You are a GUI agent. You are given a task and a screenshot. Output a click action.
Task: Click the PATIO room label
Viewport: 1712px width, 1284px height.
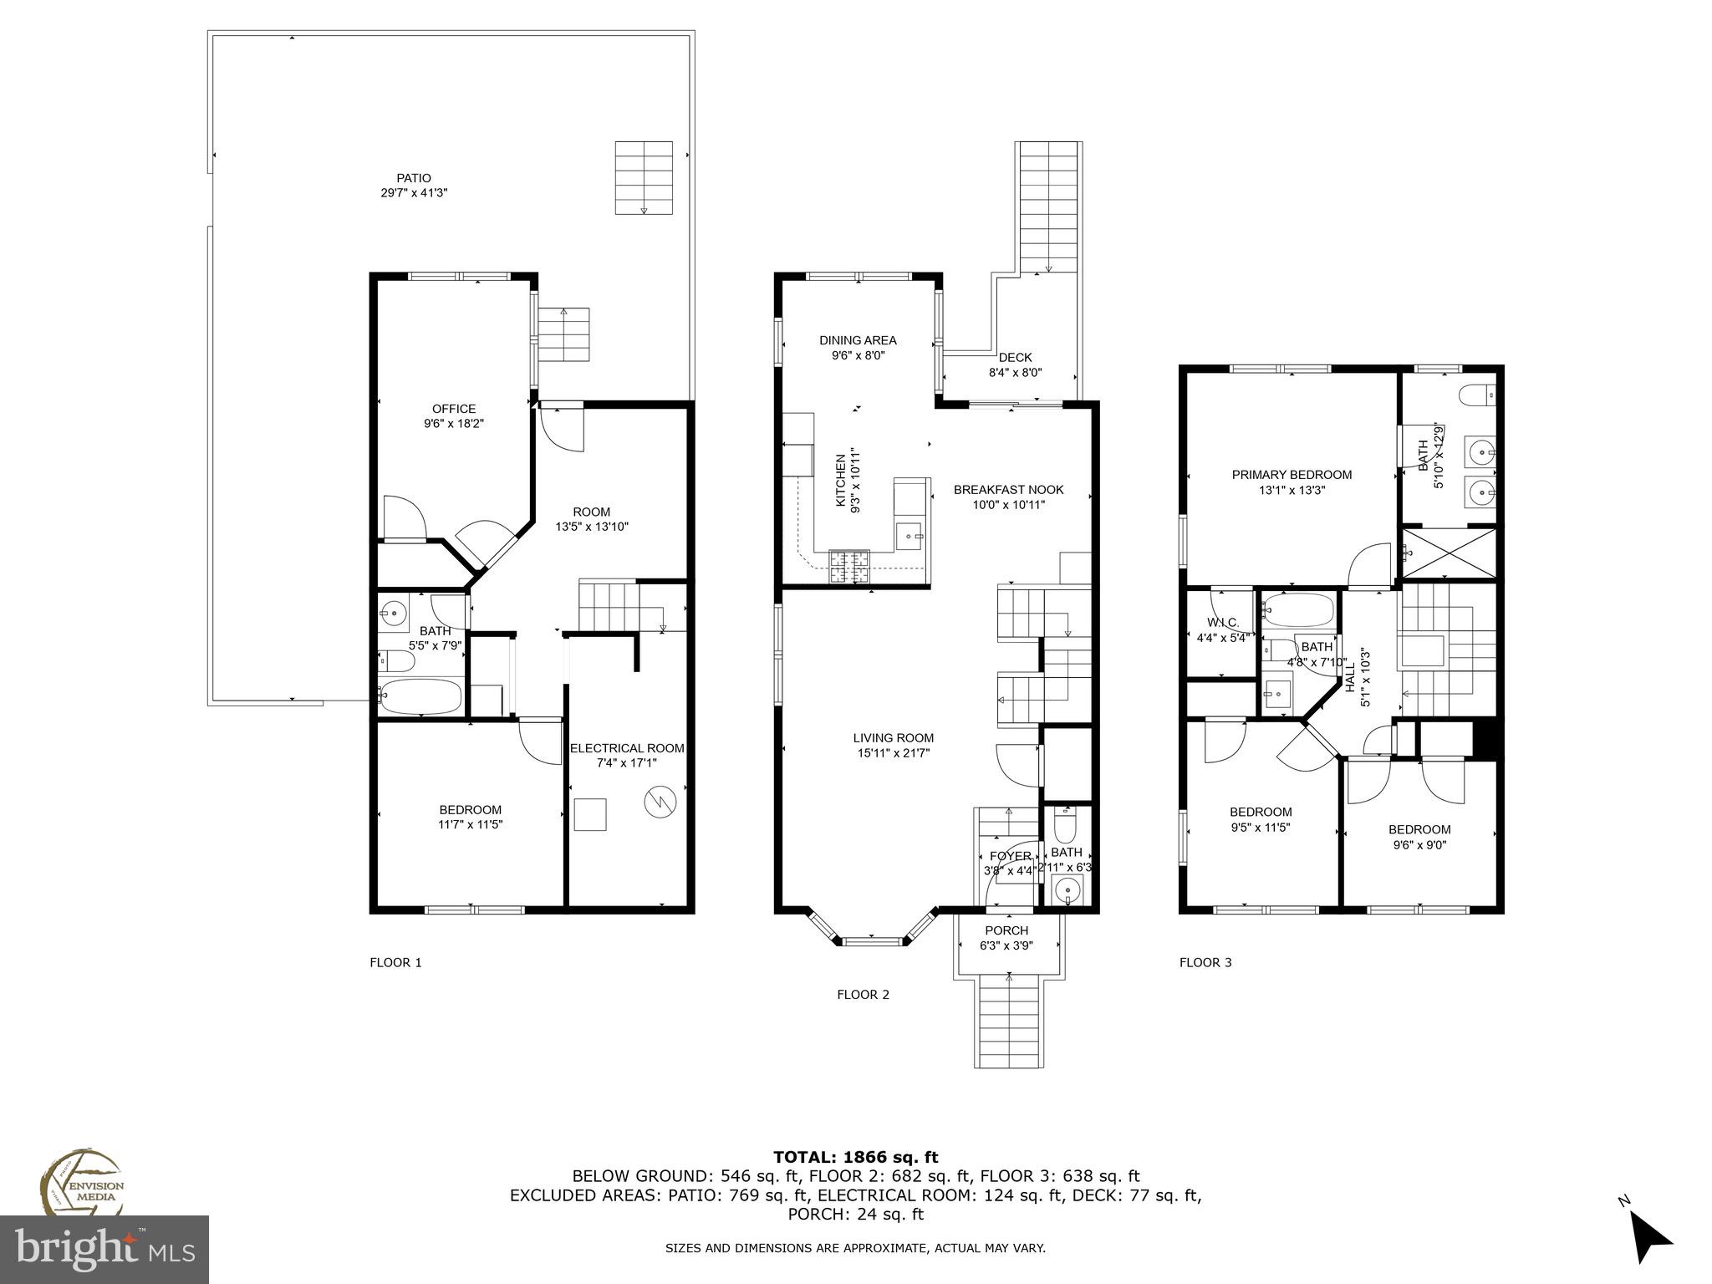414,178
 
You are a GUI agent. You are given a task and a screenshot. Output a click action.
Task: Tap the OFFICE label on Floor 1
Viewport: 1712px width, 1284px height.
454,409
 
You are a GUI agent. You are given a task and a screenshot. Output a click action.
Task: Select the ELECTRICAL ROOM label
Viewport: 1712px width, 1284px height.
627,748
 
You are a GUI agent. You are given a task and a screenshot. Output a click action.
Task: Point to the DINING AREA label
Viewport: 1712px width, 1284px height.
858,340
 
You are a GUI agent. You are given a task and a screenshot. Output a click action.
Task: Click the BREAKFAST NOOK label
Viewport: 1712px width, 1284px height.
1009,490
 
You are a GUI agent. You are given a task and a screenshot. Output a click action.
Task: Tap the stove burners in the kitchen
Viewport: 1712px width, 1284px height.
849,567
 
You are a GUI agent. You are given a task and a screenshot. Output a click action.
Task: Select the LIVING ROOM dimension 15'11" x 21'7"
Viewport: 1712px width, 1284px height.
893,753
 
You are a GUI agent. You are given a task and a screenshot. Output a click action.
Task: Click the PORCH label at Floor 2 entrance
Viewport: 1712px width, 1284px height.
1006,930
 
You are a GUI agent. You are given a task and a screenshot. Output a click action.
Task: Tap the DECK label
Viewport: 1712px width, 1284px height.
1016,358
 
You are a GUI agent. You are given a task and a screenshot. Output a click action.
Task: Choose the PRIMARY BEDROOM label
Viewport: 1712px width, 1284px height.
1292,475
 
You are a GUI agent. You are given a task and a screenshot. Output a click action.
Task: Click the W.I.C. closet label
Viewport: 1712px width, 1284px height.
1222,623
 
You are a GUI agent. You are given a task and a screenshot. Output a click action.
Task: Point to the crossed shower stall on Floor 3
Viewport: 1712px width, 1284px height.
1450,553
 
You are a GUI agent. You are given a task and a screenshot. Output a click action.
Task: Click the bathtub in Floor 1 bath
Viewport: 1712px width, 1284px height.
420,695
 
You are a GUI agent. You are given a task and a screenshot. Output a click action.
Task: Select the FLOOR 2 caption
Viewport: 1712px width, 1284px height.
863,995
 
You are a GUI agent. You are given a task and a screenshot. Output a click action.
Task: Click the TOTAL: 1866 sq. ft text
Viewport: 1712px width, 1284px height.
856,1157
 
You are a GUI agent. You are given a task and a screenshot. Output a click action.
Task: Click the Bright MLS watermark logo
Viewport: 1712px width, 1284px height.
104,1249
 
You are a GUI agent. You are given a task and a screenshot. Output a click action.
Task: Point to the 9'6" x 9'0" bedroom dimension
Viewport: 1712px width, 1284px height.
1419,844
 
